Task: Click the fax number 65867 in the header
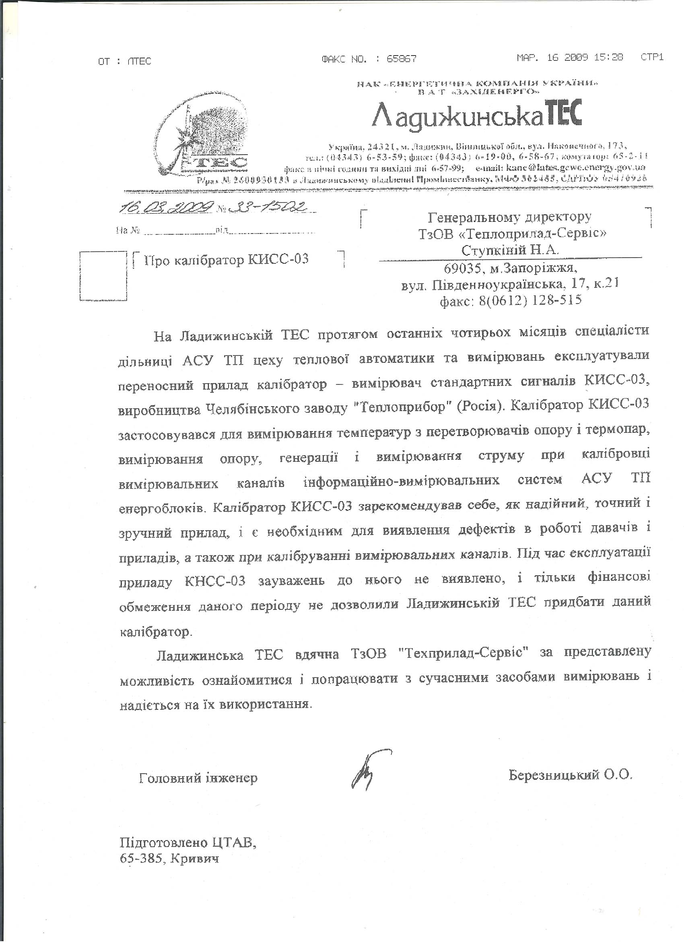[x=402, y=60]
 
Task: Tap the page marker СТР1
[x=652, y=57]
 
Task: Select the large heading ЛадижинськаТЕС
[x=477, y=114]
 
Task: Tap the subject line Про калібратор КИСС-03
[x=227, y=260]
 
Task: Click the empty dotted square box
[x=103, y=275]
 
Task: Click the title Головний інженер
[x=198, y=777]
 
